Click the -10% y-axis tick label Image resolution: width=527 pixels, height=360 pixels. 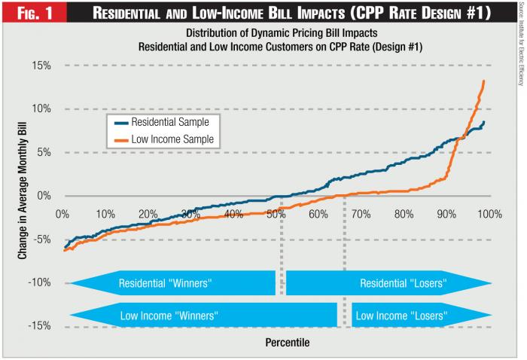tap(38, 283)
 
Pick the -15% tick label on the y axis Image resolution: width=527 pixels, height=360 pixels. tap(38, 326)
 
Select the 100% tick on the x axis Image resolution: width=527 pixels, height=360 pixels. tap(488, 214)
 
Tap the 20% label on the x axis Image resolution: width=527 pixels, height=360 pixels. tap(148, 214)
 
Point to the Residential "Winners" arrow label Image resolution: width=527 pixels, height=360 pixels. tap(166, 284)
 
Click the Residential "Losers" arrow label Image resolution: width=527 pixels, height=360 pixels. tap(403, 284)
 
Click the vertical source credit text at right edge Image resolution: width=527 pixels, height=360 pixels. tap(519, 45)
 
